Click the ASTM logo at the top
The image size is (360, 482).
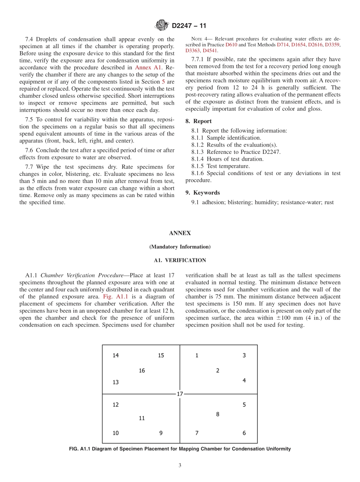tap(162, 26)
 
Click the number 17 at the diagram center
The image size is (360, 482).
tap(180, 394)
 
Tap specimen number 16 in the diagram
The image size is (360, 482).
tap(142, 371)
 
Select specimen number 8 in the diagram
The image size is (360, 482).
tap(218, 414)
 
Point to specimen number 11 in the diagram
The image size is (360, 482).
tap(142, 418)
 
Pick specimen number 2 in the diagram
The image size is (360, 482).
tap(218, 371)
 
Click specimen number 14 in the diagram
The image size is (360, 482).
tap(116, 355)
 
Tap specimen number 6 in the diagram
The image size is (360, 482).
tap(244, 433)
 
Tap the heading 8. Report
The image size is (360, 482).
tap(199, 121)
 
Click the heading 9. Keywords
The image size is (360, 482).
tap(202, 192)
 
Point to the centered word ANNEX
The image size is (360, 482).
tap(180, 233)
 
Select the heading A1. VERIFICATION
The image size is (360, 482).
tap(180, 260)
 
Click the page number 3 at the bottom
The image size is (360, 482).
tap(180, 466)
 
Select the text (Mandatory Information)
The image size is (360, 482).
tap(180, 247)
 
